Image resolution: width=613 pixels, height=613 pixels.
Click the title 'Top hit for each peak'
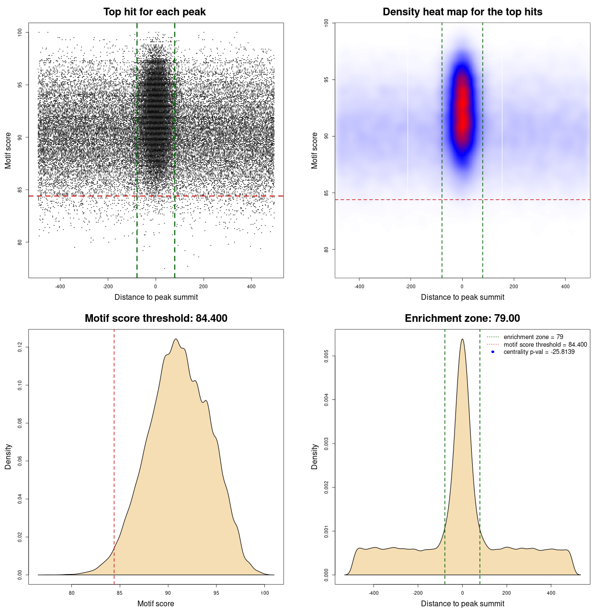(x=154, y=12)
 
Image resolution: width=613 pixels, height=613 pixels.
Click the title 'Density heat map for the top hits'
(x=462, y=12)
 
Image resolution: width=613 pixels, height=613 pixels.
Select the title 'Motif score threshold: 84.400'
(x=156, y=318)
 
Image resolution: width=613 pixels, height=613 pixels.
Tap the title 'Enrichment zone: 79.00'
(x=462, y=318)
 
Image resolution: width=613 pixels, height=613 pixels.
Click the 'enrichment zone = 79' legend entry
(x=533, y=337)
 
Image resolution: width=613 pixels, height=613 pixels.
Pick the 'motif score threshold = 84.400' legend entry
(x=545, y=344)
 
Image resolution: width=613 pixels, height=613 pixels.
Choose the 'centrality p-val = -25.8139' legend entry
(x=539, y=352)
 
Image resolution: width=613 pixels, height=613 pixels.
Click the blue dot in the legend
(x=493, y=352)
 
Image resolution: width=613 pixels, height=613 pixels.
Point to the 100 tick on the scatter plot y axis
(x=20, y=32)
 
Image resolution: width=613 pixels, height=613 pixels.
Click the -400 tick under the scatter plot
(x=60, y=286)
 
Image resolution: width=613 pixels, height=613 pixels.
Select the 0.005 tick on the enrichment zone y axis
(x=326, y=356)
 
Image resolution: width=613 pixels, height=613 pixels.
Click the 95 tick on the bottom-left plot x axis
(x=216, y=593)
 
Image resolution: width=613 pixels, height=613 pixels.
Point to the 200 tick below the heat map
(x=514, y=286)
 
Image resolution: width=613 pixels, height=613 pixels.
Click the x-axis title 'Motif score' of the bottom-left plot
(x=156, y=603)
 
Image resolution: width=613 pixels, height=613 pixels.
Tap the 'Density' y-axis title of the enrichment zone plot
(x=315, y=456)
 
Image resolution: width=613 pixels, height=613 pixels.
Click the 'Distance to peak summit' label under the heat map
(x=462, y=297)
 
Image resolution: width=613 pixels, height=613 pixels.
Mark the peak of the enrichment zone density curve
(x=462, y=339)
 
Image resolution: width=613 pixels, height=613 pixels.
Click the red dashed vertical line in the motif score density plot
(x=114, y=455)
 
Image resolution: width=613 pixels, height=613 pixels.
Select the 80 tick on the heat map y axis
(x=326, y=250)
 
